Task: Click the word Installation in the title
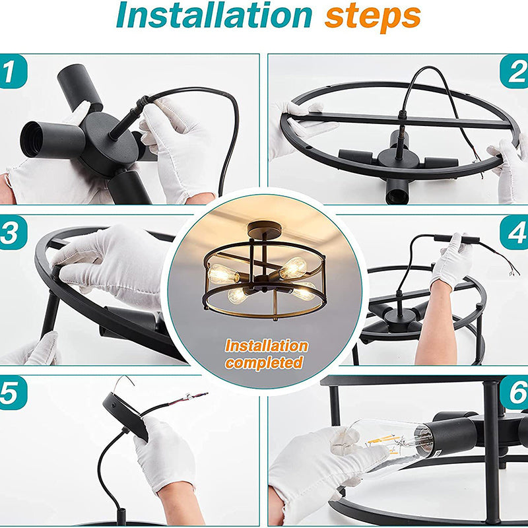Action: (x=214, y=15)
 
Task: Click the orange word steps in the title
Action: (x=373, y=17)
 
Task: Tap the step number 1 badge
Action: (x=13, y=71)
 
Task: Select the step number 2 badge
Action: (x=514, y=71)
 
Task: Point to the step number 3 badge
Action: (x=13, y=232)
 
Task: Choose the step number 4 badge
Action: (x=514, y=232)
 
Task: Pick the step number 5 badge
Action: (x=13, y=393)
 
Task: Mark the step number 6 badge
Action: (x=514, y=393)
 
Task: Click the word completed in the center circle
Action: (x=264, y=362)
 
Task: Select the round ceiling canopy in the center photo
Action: (x=265, y=230)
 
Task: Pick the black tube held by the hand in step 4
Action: (x=456, y=240)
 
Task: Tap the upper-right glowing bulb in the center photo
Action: (x=293, y=268)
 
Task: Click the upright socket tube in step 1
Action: (x=79, y=87)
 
